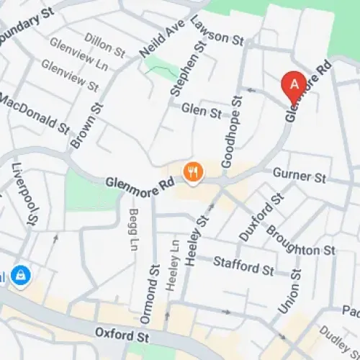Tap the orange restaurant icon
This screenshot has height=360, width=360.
pos(194,171)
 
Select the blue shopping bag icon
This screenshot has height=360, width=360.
pos(22,275)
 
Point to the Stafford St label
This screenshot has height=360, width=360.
pos(244,267)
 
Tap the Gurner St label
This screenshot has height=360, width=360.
pos(300,176)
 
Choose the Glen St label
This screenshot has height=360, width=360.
pos(202,112)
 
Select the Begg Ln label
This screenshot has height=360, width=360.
pos(133,229)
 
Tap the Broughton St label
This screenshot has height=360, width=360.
pos(301,240)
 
